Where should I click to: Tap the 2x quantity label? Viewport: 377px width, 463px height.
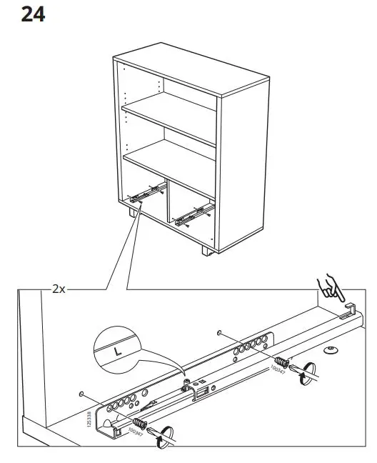(x=59, y=289)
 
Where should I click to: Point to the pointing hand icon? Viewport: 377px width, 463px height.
(x=331, y=288)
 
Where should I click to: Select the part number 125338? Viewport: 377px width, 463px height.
(x=89, y=417)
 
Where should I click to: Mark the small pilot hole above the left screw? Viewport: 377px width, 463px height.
(x=83, y=394)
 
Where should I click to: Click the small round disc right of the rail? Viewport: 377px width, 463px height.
(x=331, y=351)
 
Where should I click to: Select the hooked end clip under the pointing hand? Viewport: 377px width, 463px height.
(x=348, y=309)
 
